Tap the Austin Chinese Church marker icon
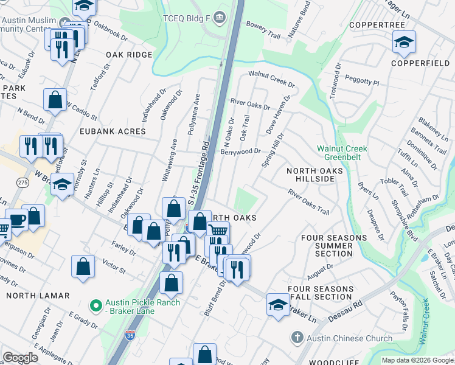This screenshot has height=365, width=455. click(296, 338)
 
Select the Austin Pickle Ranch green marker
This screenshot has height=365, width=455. click(95, 305)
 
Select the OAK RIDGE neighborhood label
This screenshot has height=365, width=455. click(129, 55)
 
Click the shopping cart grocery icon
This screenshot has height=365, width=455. click(218, 231)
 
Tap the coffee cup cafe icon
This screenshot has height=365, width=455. click(16, 220)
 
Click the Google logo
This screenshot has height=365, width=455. click(21, 358)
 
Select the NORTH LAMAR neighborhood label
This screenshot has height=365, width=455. click(38, 296)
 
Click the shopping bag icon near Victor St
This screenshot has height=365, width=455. click(83, 266)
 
